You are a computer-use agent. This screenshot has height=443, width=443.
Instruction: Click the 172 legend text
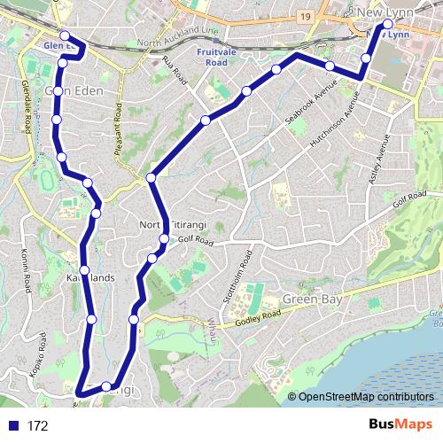pyautogui.click(x=37, y=426)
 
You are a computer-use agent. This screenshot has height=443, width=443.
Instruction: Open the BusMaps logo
pyautogui.click(x=400, y=424)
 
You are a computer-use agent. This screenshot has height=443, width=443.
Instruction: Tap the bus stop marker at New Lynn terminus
pyautogui.click(x=387, y=24)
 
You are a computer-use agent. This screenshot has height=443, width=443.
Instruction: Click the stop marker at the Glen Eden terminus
pyautogui.click(x=65, y=37)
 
